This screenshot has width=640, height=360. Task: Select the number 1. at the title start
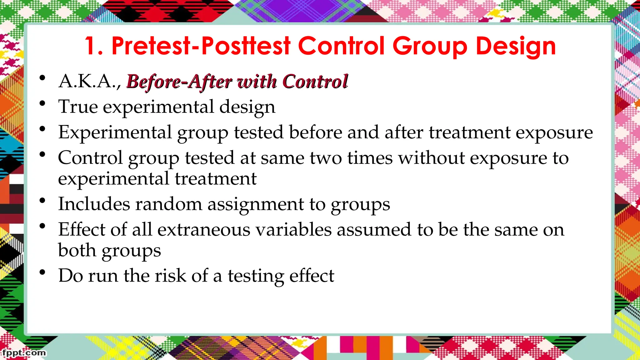click(x=94, y=46)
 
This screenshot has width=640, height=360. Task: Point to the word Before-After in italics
click(x=179, y=82)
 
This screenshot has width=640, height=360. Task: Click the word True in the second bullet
click(x=78, y=107)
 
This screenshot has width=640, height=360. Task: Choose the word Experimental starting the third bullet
click(x=115, y=132)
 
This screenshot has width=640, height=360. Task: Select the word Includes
click(x=94, y=204)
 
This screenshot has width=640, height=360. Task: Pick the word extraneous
click(x=203, y=230)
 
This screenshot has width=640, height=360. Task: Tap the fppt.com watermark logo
click(x=24, y=353)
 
